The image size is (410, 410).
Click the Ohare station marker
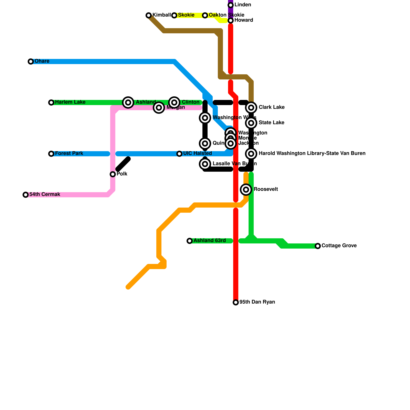(31, 61)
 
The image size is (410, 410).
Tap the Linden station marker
(231, 5)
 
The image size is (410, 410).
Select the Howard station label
(243, 20)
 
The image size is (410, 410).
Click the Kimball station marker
(149, 15)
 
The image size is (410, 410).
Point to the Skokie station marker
(174, 15)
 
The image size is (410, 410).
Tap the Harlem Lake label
(70, 102)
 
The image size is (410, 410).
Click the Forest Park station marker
(51, 154)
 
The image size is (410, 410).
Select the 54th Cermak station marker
(26, 195)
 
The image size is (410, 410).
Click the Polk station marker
(113, 174)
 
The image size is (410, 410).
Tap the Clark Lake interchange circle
(251, 108)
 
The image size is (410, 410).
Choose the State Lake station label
(271, 123)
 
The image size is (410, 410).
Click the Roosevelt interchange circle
(246, 190)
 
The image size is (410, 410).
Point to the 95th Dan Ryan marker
(236, 302)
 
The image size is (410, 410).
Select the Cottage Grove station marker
(318, 246)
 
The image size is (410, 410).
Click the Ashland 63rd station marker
(190, 241)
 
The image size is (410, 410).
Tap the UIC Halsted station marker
(179, 154)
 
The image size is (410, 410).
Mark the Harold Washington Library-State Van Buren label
(312, 153)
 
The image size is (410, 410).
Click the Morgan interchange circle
(159, 108)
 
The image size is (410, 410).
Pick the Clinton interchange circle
(174, 102)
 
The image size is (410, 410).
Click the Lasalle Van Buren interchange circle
(205, 164)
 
